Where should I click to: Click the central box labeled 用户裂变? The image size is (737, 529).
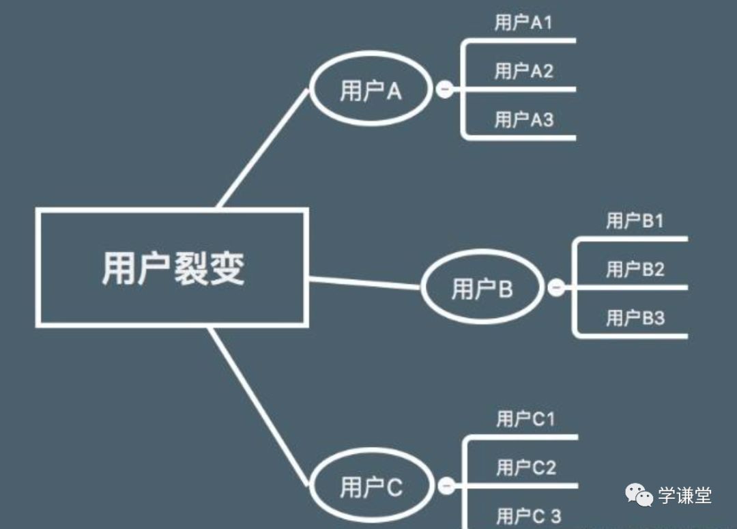[x=172, y=268]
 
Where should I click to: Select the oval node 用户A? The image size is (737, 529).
[x=371, y=90]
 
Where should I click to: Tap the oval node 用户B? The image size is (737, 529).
[x=482, y=289]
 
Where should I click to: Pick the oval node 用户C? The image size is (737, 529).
[x=371, y=487]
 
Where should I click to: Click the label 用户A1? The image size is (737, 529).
[x=523, y=23]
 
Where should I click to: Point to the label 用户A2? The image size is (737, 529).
[x=523, y=70]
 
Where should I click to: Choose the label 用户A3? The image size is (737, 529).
[x=523, y=119]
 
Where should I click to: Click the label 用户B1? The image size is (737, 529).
[x=635, y=220]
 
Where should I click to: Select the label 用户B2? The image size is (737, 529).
[x=635, y=269]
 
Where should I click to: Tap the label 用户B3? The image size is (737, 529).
[x=635, y=317]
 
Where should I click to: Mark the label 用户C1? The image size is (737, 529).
[x=525, y=418]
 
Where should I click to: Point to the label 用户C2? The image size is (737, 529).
[x=525, y=468]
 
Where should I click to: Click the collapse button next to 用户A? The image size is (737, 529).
[x=444, y=89]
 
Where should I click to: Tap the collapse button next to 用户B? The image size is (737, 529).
[x=556, y=288]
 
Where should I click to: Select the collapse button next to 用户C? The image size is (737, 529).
[x=446, y=486]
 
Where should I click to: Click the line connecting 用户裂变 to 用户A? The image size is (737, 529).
[x=263, y=148]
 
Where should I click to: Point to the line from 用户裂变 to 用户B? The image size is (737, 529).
[x=364, y=283]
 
